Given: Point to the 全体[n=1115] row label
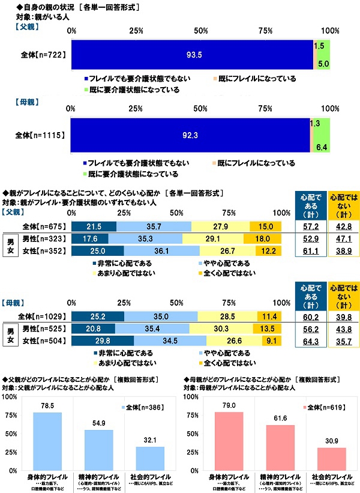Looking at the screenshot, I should [41, 136].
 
